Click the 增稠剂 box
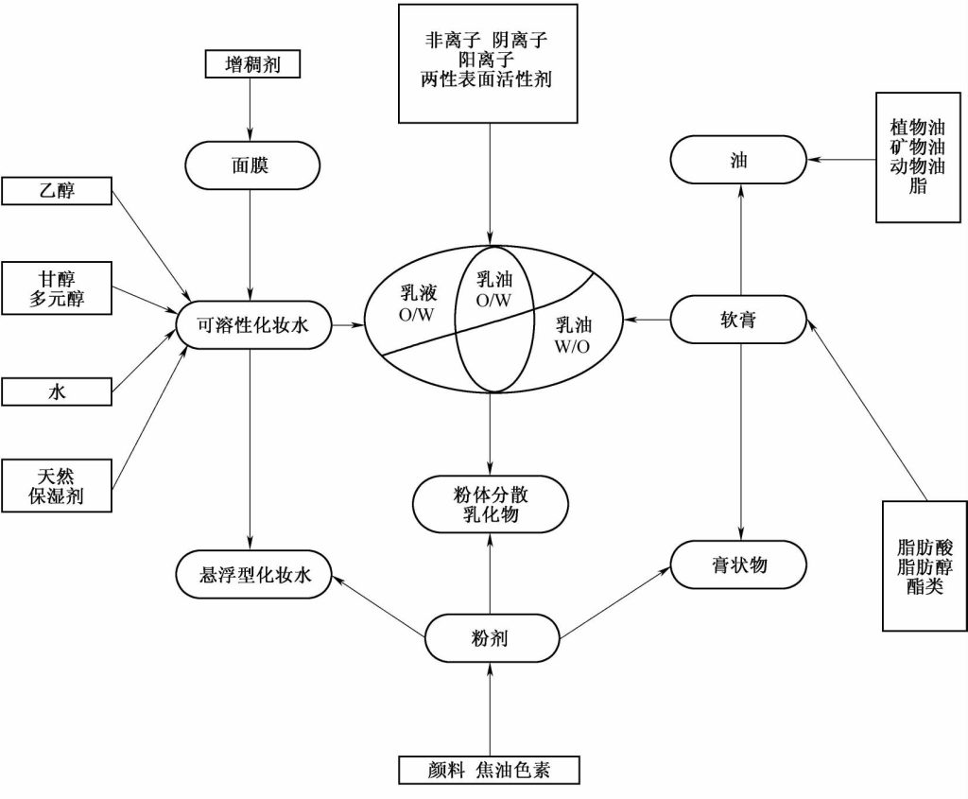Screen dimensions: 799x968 pos(251,64)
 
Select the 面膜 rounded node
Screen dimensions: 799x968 pos(251,165)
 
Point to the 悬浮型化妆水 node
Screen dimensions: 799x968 pos(252,573)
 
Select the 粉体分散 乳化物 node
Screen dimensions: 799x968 pos(491,503)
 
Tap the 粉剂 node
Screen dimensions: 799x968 pos(491,638)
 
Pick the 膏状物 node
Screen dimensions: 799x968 pos(739,565)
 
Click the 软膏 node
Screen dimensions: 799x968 pos(739,322)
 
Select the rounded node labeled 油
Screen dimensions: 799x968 pos(739,160)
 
